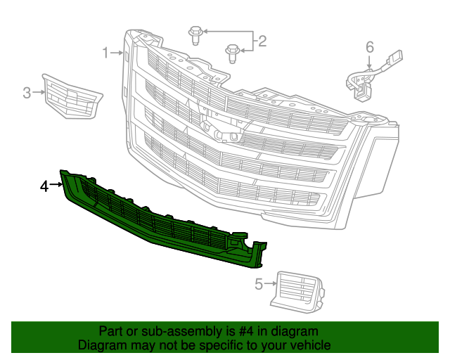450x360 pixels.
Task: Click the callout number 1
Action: click(105, 53)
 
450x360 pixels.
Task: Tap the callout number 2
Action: click(262, 41)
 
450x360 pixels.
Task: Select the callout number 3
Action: click(27, 92)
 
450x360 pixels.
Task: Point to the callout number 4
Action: click(44, 186)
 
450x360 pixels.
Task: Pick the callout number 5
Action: click(258, 284)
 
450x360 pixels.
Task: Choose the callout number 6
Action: click(370, 48)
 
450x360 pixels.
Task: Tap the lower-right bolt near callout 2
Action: click(231, 51)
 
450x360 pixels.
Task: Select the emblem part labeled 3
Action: click(70, 96)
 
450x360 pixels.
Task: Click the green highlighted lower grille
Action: click(162, 225)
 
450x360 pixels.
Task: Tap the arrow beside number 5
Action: click(270, 284)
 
